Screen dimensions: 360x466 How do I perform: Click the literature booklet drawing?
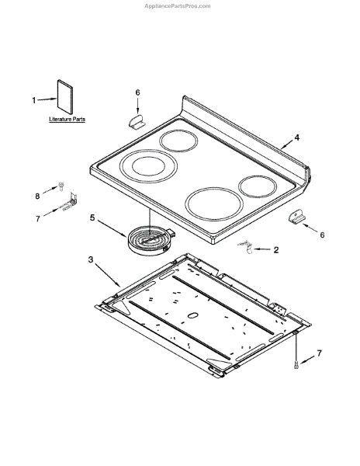click(x=64, y=96)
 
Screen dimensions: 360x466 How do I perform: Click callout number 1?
click(x=34, y=100)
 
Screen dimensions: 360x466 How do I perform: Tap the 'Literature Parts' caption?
click(x=67, y=119)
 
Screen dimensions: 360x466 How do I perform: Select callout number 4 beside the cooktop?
click(x=297, y=137)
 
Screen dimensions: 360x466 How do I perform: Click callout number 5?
click(x=92, y=217)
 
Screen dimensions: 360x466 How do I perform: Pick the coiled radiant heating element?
click(x=151, y=241)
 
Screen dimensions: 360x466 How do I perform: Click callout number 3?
click(x=91, y=259)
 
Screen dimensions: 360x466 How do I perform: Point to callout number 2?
click(x=276, y=250)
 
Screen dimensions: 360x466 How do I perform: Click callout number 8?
click(x=37, y=196)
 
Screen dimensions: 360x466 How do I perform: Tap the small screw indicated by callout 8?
click(x=61, y=186)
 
